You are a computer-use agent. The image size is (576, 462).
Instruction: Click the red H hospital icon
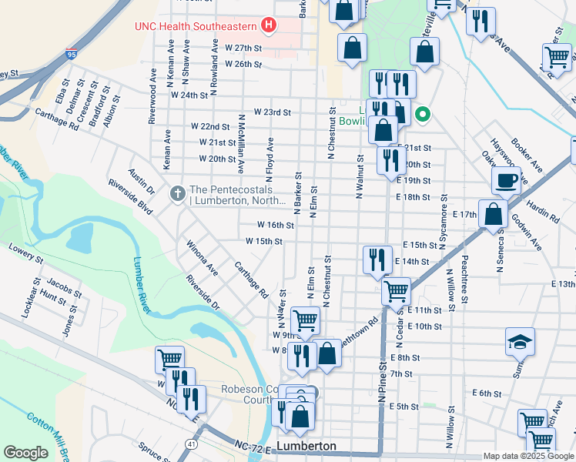coord(268,26)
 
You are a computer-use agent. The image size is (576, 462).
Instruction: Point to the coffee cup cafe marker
coord(506,181)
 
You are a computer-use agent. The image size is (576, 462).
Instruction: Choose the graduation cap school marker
coord(520,341)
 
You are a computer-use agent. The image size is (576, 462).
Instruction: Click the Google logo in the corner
coord(25,453)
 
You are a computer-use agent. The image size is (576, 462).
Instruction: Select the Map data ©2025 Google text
coord(528,456)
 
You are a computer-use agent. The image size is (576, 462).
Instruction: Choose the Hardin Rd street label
coord(543,213)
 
